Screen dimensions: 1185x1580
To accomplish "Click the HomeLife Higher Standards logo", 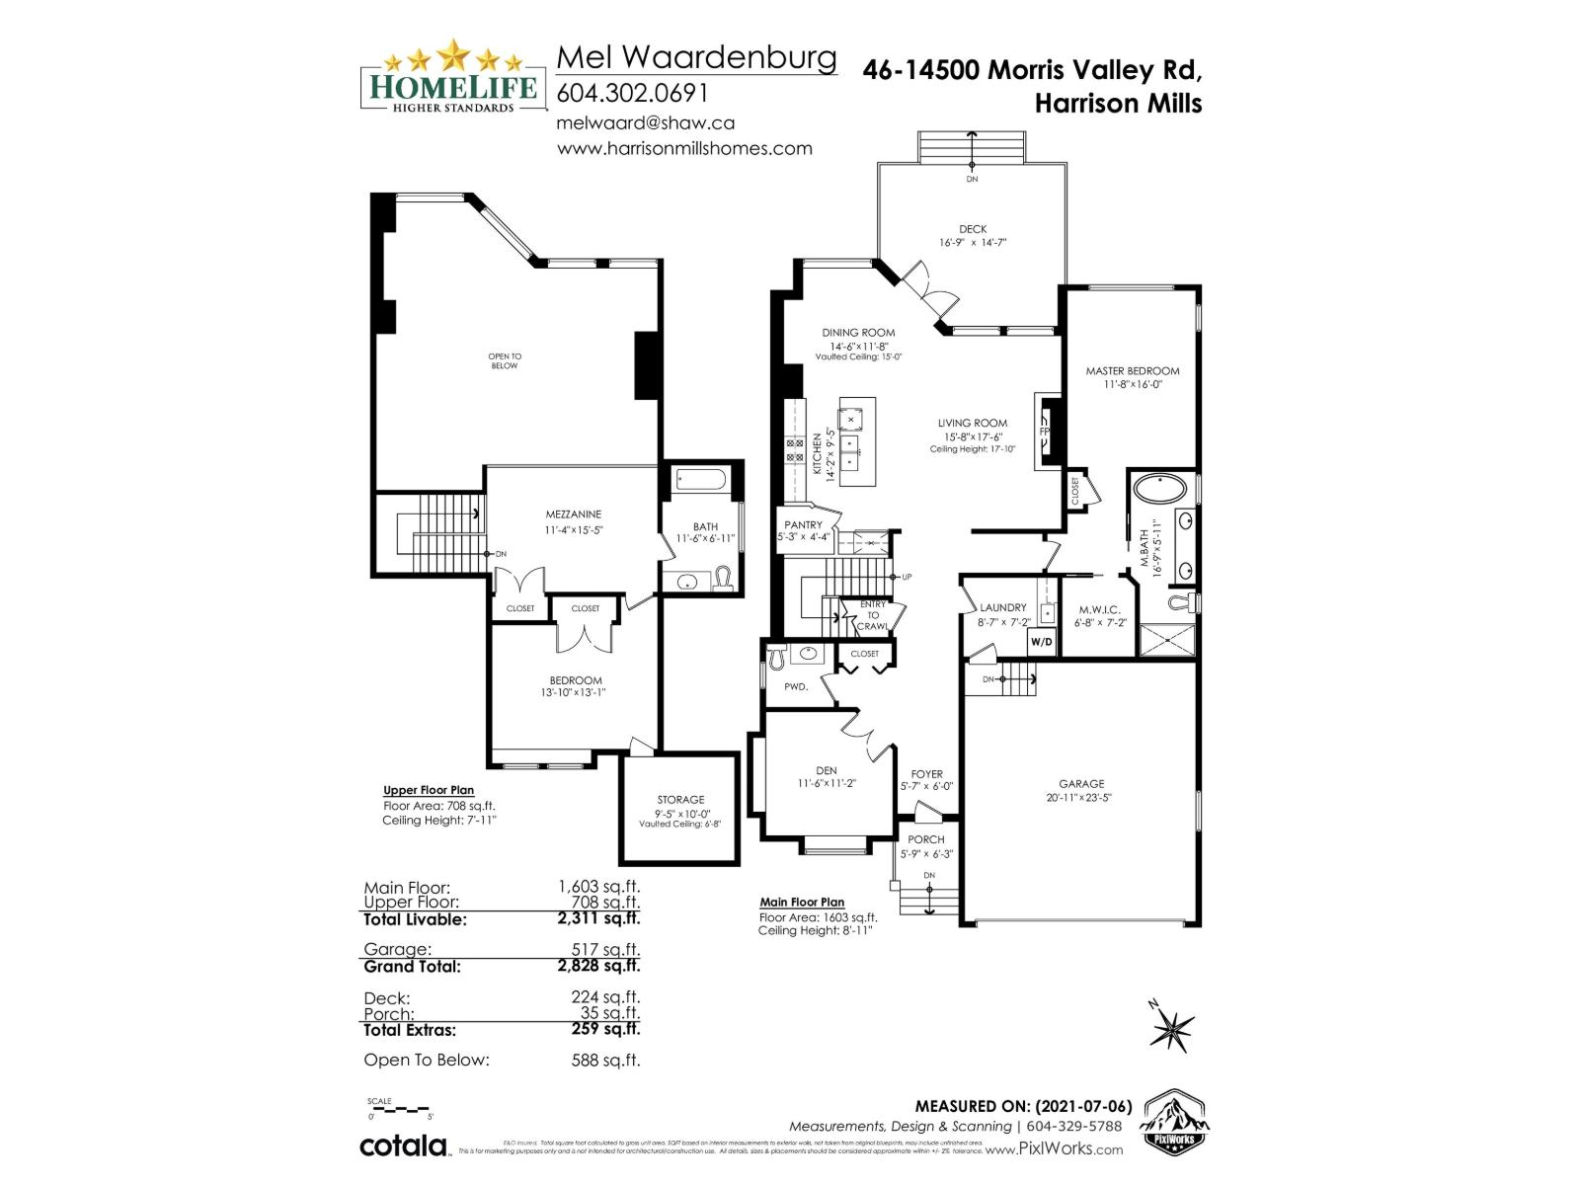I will [451, 77].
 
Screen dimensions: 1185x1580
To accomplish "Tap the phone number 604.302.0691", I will [632, 93].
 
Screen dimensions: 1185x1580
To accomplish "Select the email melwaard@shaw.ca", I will [646, 123].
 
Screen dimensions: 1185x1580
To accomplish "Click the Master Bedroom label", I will [1132, 371].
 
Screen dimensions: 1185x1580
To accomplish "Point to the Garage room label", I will [1081, 784].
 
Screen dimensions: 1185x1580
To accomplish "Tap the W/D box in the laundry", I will [1041, 642].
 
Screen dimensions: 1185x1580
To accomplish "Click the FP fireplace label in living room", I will [1044, 433].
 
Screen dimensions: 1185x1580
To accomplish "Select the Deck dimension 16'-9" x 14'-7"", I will [972, 243].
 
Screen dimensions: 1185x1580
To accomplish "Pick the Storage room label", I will [680, 800].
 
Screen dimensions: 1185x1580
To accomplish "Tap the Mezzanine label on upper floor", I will [573, 514].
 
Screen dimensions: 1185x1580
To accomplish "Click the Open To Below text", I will [505, 361].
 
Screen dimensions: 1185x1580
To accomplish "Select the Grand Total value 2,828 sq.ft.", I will [598, 967].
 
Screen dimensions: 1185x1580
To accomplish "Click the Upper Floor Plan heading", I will [429, 790].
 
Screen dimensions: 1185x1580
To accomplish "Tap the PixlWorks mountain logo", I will [1175, 1121].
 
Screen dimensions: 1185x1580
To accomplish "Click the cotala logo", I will [403, 1146].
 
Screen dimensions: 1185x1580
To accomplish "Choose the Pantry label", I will [803, 525].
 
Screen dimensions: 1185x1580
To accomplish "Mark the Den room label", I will [826, 770].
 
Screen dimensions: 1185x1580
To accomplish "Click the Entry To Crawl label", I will [873, 615].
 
